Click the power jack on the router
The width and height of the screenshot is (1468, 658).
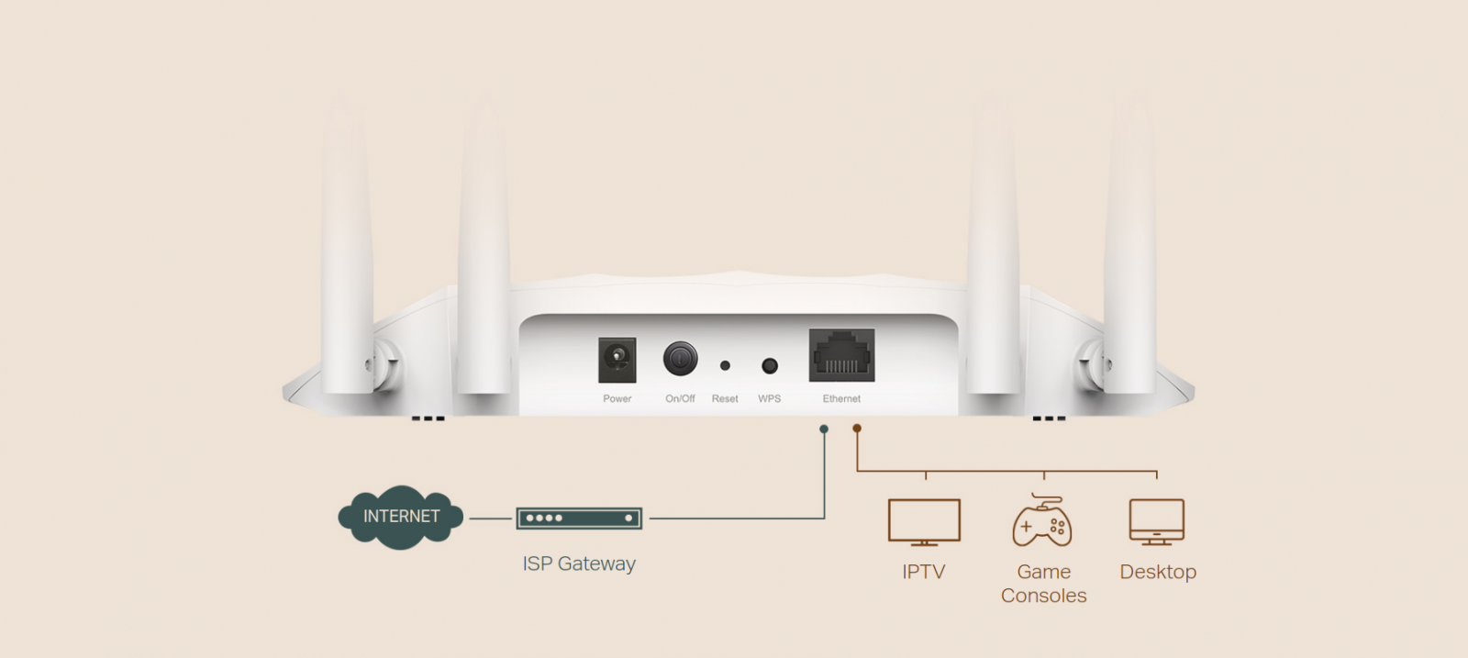tap(617, 359)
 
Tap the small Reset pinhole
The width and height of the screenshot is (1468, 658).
tap(725, 365)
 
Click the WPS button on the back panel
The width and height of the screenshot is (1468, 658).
tap(770, 366)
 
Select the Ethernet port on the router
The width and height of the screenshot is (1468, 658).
tap(841, 355)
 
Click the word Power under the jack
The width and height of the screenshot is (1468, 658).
tap(617, 399)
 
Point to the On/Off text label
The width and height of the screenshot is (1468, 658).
tap(680, 399)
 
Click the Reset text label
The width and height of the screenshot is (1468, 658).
tap(725, 399)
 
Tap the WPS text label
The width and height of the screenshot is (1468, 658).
tap(770, 399)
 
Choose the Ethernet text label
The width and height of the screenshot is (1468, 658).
tap(841, 399)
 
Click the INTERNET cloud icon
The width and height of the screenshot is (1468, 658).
tap(401, 517)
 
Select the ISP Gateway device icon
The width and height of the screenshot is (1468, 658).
tap(579, 519)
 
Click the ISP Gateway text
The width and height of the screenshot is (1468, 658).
tap(579, 563)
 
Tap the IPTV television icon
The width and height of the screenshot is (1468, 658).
tap(924, 522)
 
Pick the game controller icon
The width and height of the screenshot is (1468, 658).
tap(1042, 522)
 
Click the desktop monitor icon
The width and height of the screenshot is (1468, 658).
tap(1156, 522)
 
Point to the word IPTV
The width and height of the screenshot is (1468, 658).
tap(923, 572)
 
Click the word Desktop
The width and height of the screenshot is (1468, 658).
tap(1158, 572)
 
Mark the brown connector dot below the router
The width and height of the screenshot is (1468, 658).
tap(857, 429)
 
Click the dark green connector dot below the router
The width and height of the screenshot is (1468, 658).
tap(824, 429)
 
